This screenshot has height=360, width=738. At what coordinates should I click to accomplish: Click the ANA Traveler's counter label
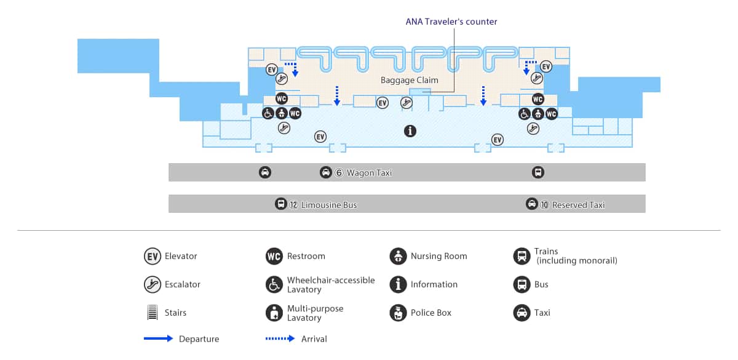click(x=451, y=22)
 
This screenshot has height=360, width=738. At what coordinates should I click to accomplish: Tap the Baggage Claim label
click(x=409, y=80)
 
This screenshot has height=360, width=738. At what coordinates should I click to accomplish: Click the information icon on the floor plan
click(x=410, y=131)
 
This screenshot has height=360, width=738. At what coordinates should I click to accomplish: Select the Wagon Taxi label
click(x=369, y=173)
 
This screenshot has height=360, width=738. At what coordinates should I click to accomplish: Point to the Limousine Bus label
click(x=329, y=205)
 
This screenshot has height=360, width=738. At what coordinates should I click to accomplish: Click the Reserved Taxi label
click(x=578, y=205)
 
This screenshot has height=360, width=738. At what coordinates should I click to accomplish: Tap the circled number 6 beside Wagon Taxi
click(x=339, y=173)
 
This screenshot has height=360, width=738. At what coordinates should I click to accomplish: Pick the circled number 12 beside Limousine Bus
click(x=293, y=205)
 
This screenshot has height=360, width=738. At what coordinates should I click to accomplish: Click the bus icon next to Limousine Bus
click(x=280, y=204)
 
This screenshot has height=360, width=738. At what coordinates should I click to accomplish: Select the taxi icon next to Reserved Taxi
click(x=532, y=204)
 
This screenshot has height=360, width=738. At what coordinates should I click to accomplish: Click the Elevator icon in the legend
click(x=153, y=256)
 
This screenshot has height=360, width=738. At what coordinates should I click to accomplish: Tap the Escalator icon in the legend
click(x=153, y=284)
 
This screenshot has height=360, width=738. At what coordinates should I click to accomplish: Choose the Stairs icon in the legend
click(x=153, y=313)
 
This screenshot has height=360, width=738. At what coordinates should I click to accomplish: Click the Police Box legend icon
click(x=398, y=313)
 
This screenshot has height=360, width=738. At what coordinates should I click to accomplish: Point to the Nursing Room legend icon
click(x=398, y=256)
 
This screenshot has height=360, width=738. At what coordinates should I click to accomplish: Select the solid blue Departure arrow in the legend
click(x=158, y=338)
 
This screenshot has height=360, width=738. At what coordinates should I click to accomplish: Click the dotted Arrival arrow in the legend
click(x=280, y=338)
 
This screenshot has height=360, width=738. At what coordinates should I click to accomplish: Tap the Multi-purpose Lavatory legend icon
click(x=274, y=313)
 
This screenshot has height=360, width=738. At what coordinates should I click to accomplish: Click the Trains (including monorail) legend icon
click(x=522, y=256)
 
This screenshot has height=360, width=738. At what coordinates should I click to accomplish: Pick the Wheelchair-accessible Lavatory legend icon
click(x=274, y=284)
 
